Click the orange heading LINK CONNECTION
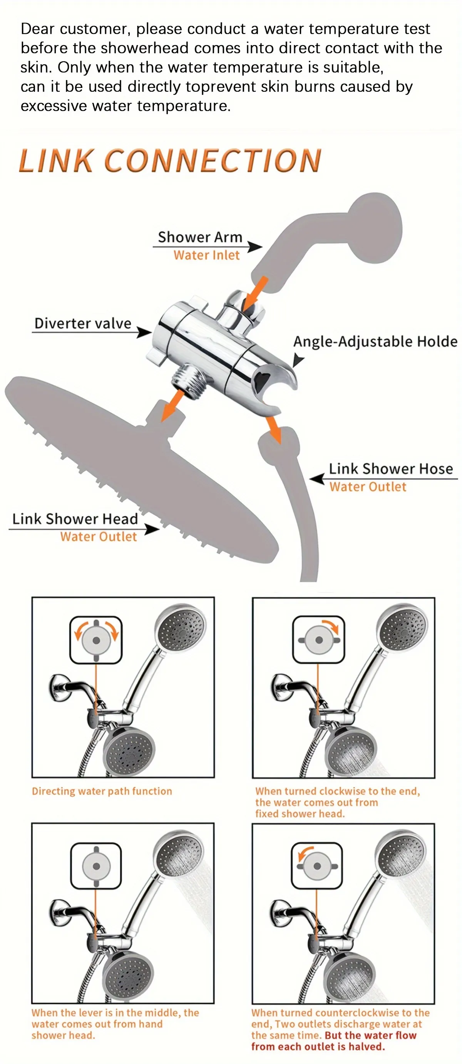coord(170,160)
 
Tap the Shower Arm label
coord(200,237)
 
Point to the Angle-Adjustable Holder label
coord(375,342)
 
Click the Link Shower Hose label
coord(390,469)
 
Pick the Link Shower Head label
coord(75,519)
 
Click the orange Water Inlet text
coord(206,255)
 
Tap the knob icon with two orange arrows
coord(96,640)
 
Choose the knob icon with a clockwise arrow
coord(318,640)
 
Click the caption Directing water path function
coord(102,791)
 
